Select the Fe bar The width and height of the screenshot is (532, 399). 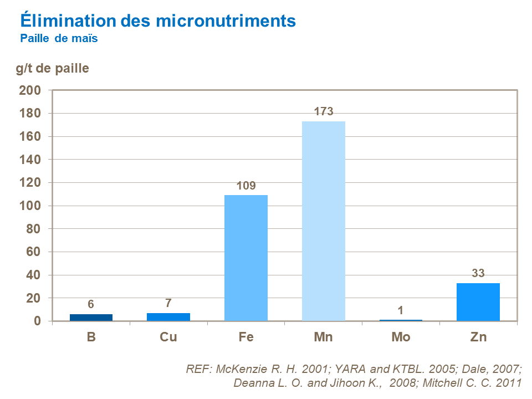246,258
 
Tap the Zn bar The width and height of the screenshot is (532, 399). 478,302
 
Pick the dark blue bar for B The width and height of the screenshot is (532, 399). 91,318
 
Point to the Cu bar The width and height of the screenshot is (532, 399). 168,317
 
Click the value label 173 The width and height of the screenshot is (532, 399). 323,111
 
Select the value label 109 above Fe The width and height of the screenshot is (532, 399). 246,186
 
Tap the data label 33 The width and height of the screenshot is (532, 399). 478,273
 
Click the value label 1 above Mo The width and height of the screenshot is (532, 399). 401,310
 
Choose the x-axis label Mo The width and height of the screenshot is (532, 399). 401,337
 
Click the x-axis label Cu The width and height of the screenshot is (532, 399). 168,337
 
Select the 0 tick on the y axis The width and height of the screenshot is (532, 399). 38,321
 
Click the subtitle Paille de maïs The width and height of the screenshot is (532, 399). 59,39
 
